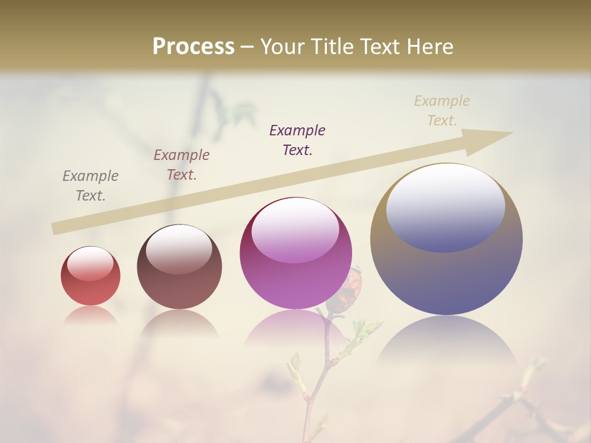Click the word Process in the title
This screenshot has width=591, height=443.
(193, 46)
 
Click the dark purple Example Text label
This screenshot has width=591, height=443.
(297, 140)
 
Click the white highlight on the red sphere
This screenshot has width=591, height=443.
(90, 263)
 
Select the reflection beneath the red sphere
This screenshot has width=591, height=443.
(90, 316)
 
